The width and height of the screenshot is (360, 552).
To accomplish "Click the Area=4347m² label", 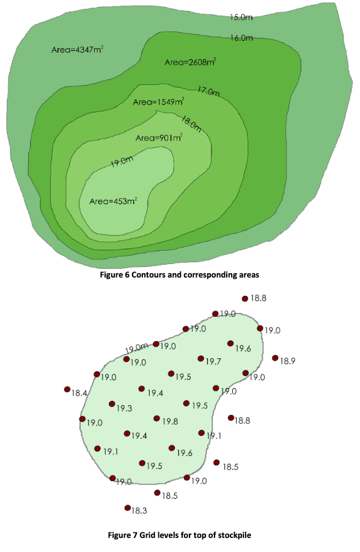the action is point(78,50).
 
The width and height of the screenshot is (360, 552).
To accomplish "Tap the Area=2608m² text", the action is point(190,62).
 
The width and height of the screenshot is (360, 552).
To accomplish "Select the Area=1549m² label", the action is point(159,102).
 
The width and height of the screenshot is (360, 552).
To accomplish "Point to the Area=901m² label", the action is point(159,138).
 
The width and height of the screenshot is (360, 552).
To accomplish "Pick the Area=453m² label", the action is point(113,201).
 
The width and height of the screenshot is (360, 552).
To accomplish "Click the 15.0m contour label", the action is point(241,17).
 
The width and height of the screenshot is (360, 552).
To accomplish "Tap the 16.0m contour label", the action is point(242,38).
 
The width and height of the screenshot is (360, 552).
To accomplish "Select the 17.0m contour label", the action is point(208,91).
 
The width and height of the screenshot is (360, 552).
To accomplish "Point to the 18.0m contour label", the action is point(191,124).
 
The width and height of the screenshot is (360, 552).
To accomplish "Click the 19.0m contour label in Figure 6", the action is point(122,161).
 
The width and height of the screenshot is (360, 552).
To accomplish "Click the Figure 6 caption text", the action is point(180,274).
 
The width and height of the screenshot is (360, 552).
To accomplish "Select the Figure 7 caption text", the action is point(180,535).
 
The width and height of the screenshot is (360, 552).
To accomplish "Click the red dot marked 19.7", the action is point(200,358).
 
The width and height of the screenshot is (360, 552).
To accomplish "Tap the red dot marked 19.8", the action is point(156,418).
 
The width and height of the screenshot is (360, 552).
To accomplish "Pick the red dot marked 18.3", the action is point(127,507).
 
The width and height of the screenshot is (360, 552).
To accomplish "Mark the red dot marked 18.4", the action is point(67,389).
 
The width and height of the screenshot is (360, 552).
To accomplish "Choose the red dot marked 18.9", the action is point(275,358).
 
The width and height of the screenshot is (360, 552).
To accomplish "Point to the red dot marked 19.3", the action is point(112,404).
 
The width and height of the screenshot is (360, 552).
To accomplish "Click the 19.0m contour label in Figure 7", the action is point(136,348).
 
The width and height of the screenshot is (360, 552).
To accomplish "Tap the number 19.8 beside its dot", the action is point(170,421).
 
